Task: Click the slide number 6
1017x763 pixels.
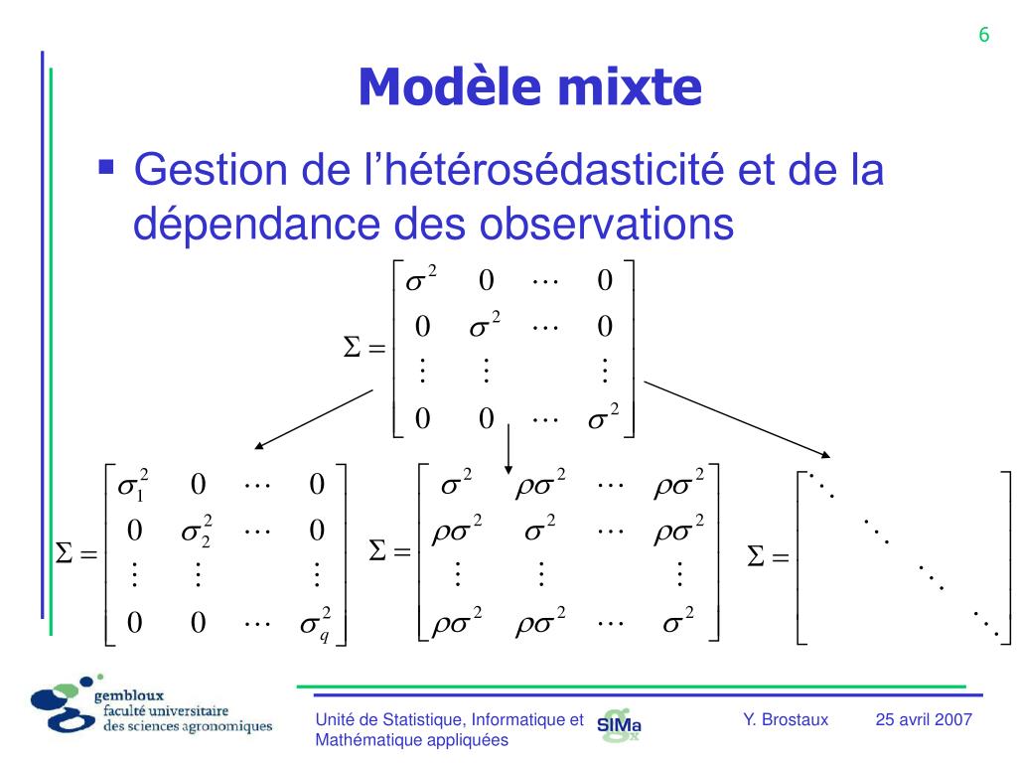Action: click(x=983, y=35)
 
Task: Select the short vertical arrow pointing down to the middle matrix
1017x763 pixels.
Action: click(x=508, y=447)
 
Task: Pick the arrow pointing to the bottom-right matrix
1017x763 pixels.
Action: click(x=739, y=418)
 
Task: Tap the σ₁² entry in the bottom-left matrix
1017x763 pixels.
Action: click(x=133, y=486)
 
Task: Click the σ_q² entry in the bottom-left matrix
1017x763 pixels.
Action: click(x=316, y=624)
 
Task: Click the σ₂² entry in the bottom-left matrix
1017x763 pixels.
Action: click(x=197, y=532)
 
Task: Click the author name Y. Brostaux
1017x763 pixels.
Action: click(x=785, y=719)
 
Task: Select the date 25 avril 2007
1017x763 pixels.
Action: click(x=924, y=719)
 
